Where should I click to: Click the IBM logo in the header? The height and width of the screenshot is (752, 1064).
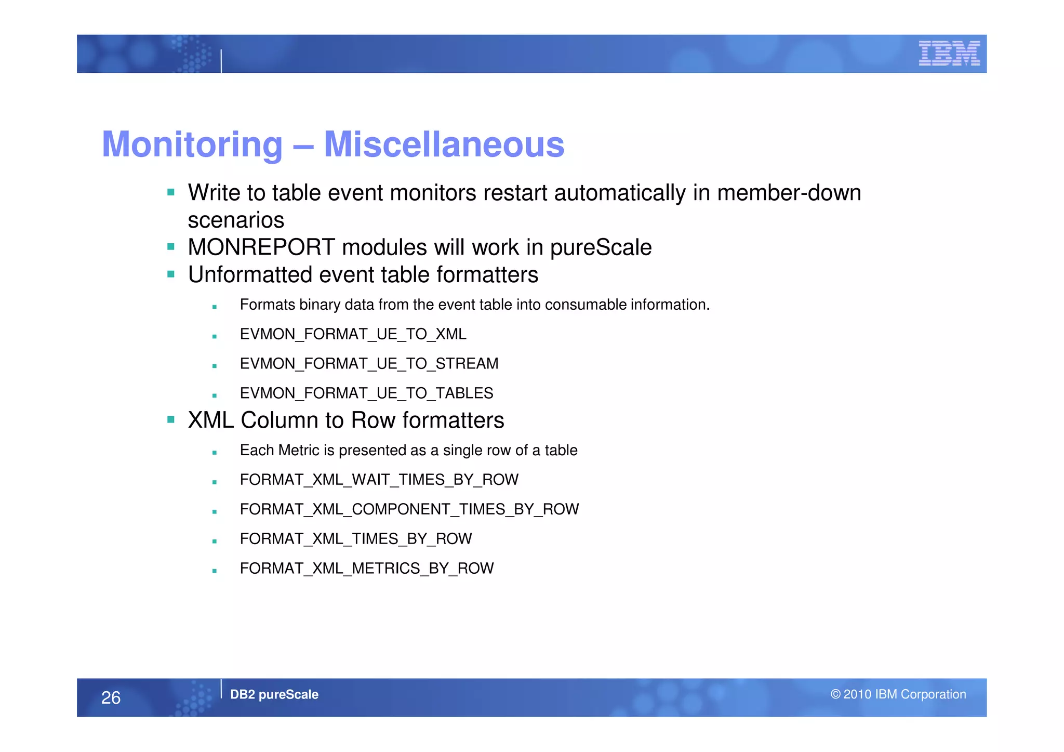coord(949,54)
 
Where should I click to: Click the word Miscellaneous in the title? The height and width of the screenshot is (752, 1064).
coord(444,144)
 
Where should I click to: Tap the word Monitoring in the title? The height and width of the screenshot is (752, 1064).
coord(192,144)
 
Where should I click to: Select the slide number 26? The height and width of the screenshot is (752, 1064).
coord(111,697)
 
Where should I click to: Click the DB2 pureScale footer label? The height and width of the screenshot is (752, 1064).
coord(274,694)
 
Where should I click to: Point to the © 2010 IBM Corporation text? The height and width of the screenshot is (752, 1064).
coord(898,694)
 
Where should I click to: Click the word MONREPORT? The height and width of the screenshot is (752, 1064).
coord(261,247)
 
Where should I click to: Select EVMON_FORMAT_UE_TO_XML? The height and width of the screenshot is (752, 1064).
coord(353,334)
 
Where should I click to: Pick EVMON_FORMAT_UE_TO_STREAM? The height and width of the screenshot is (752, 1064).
coord(369,364)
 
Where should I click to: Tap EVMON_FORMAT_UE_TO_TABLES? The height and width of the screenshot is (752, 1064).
coord(366,393)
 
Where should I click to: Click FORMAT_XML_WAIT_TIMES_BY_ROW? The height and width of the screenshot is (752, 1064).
coord(379,480)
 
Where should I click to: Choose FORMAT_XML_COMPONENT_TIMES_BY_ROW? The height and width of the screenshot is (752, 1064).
coord(409,509)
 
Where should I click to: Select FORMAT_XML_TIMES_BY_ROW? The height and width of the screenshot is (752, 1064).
coord(355,539)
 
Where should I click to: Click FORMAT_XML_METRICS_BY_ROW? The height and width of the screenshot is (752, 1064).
coord(366,569)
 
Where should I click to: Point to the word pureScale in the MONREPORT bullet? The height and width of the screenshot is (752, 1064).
coord(601,247)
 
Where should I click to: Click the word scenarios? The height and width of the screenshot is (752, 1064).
coord(236,220)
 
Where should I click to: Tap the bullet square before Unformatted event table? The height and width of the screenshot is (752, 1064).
coord(171,274)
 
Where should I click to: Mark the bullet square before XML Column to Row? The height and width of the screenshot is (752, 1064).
coord(171,419)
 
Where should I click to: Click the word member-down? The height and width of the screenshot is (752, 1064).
coord(789,193)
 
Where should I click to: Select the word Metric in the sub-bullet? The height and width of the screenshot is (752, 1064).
coord(298,450)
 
